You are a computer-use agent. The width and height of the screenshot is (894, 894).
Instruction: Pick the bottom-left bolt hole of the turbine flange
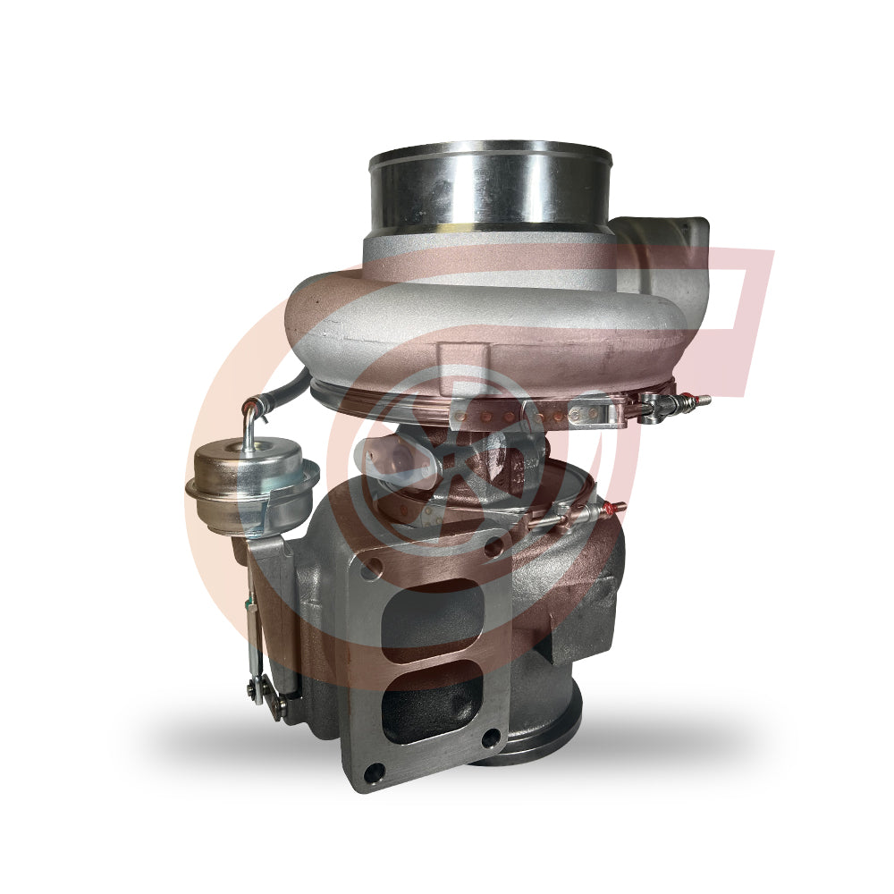378,771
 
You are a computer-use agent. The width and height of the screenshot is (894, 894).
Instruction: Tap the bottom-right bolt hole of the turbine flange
491,738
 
